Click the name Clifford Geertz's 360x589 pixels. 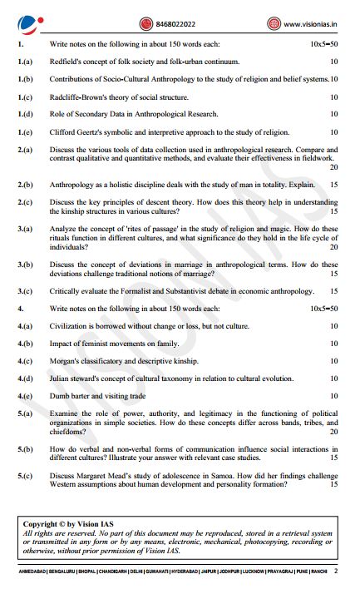[x=79, y=132]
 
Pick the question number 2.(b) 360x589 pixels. [x=25, y=184]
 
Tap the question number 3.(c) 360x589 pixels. [x=25, y=291]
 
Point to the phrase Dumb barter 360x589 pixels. [x=72, y=396]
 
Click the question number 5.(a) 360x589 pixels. [x=25, y=413]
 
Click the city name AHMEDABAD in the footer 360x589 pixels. [x=32, y=572]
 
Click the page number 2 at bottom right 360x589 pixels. [x=336, y=572]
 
